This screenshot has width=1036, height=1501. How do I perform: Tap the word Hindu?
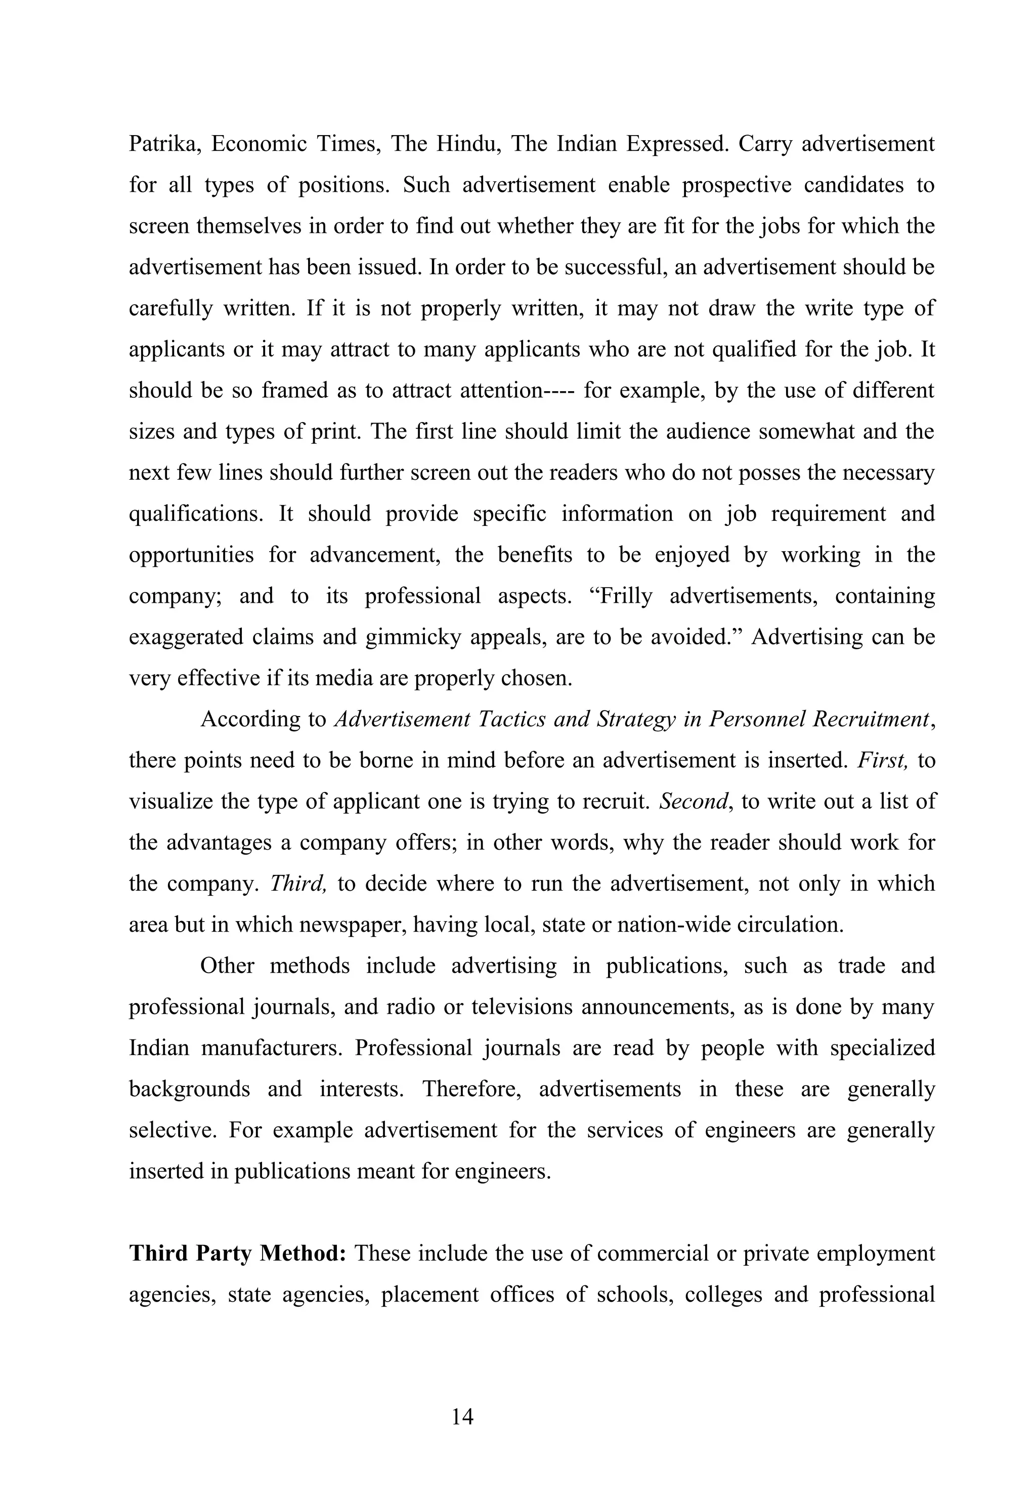(467, 144)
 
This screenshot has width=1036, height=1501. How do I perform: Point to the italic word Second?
(693, 801)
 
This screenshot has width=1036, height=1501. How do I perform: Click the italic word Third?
(297, 883)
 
